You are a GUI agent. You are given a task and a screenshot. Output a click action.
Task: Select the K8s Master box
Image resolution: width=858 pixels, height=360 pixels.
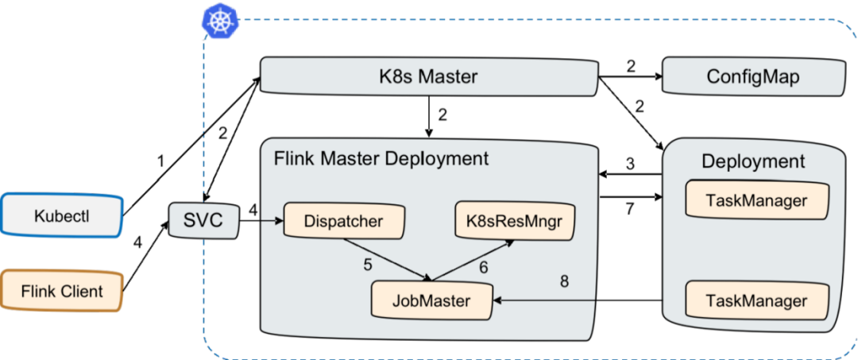coord(428,77)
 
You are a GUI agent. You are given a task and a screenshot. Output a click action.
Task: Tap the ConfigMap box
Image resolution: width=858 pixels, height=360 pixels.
coord(752,77)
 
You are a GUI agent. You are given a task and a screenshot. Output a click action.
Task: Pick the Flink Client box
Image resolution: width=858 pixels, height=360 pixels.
coord(62,291)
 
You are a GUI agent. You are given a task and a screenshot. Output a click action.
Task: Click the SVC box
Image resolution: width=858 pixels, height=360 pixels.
coord(204,219)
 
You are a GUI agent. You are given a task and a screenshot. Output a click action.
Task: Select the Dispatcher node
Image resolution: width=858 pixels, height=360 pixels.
coord(343,221)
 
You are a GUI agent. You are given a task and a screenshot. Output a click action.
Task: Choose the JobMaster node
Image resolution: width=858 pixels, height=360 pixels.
coord(431,301)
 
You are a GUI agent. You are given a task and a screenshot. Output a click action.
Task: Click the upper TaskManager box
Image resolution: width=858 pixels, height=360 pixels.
coord(756,200)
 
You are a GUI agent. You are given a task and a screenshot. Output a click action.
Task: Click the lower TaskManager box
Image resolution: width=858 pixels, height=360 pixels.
coord(756,301)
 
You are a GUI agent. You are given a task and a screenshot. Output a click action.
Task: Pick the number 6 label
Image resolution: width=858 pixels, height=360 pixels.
coord(483,268)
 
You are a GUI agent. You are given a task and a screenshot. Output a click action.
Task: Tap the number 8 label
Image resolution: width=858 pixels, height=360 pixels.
coord(564,281)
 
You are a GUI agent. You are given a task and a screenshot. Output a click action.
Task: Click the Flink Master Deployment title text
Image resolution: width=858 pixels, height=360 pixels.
coord(381,158)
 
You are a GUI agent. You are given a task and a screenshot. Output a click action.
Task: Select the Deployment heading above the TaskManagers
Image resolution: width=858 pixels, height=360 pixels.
coord(753,161)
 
